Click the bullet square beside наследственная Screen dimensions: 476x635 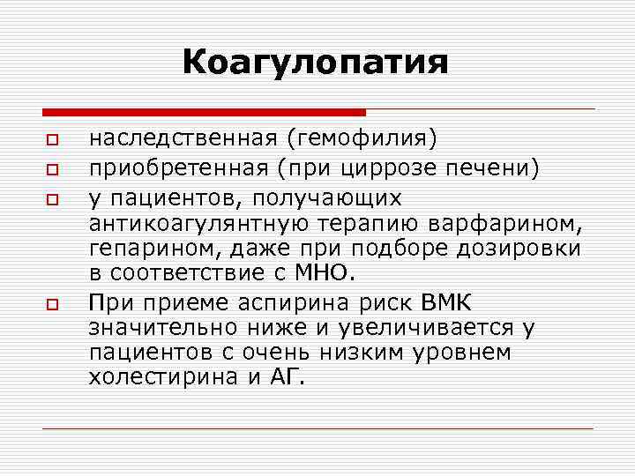click(x=52, y=140)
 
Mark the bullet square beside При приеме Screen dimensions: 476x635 click(x=52, y=303)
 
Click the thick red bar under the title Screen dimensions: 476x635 click(x=204, y=112)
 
